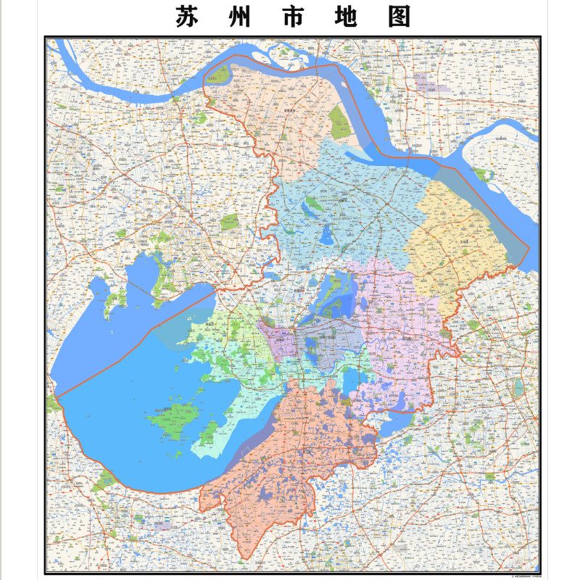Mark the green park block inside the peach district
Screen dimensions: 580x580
coord(339,122)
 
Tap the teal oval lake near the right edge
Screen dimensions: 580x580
coord(518,388)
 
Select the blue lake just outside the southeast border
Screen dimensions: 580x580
coord(402,420)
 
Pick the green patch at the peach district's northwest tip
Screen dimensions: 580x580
coord(220,73)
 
